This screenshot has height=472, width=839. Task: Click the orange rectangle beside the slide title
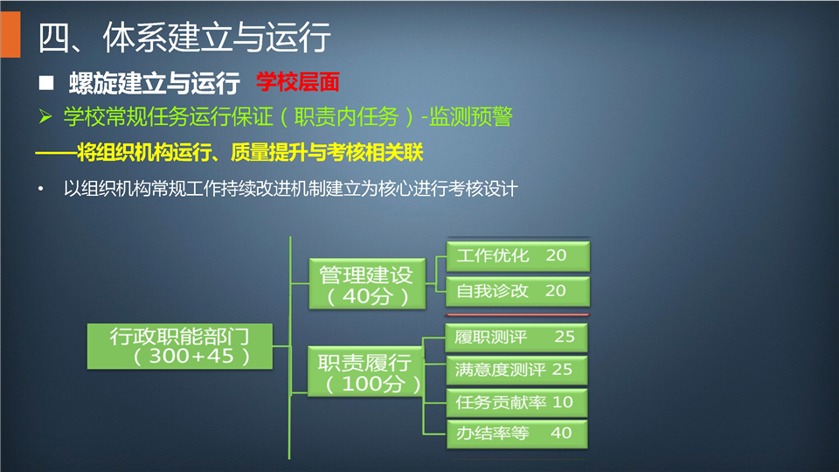10,35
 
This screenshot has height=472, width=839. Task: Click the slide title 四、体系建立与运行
184,37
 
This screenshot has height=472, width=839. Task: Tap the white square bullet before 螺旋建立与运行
46,82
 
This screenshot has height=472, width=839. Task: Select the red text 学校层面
297,82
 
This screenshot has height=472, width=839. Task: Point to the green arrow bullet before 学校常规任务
45,116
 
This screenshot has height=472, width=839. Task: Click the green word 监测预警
471,116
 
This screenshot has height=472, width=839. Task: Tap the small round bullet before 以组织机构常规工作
41,189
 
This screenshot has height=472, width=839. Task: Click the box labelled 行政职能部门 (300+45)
180,346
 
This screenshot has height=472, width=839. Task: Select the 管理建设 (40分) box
368,283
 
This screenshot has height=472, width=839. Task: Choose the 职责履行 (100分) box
366,371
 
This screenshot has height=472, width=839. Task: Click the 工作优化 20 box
518,256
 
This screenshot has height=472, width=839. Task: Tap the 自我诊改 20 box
518,291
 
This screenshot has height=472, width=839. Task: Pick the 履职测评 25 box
517,337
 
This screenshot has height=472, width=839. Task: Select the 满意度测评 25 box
517,370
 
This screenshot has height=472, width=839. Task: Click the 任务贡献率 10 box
517,402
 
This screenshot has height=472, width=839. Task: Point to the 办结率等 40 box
517,434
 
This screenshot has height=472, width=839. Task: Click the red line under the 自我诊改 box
517,315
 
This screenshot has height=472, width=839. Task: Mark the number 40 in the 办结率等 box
561,433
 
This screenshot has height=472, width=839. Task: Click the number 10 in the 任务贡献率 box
562,402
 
